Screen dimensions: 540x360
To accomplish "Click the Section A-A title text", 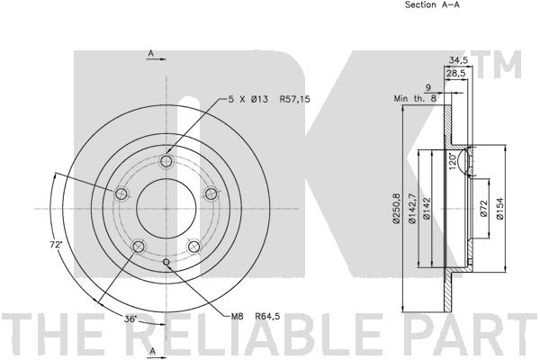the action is point(432,4).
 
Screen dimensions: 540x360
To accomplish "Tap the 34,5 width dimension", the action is point(458,60).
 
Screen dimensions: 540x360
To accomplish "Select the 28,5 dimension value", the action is point(455,73).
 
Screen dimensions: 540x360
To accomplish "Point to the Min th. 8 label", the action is point(415,98).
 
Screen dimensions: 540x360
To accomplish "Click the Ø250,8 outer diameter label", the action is point(396,209).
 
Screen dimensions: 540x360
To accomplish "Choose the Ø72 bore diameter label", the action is point(483,209).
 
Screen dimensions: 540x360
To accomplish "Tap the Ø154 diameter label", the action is point(499,208).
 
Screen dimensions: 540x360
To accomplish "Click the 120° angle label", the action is point(454,160).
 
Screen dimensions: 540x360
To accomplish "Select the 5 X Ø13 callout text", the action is point(248,99).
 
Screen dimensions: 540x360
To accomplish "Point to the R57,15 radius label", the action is point(295,99).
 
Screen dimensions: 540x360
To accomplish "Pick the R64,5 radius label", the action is point(267,316).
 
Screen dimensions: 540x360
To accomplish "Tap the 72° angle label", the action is point(56,245).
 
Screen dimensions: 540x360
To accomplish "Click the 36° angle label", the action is point(130,319).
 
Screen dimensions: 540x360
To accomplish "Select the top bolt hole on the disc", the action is point(166,161).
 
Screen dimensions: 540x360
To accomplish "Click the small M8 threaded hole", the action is point(166,263).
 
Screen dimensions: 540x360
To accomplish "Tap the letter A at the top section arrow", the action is point(150,53).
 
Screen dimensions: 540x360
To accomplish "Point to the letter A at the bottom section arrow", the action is point(153,351).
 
